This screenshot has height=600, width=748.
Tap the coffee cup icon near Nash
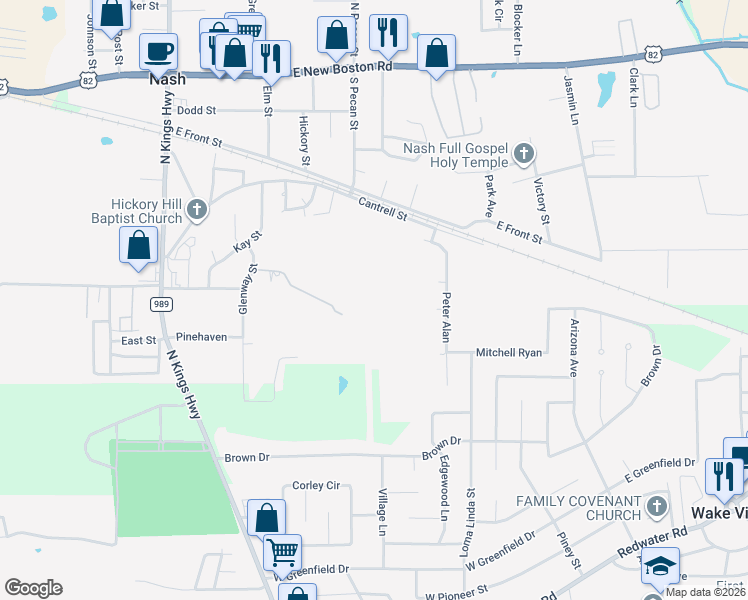[x=158, y=50]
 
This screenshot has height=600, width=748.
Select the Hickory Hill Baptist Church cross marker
[x=197, y=209]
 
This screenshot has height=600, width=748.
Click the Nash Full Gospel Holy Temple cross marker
[x=524, y=154]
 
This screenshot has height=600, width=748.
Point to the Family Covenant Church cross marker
[x=655, y=506]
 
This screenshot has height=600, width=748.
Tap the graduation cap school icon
[x=659, y=565]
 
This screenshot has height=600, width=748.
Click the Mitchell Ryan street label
[x=508, y=353]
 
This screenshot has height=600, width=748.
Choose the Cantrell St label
[x=383, y=210]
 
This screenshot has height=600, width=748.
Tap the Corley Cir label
[x=316, y=486]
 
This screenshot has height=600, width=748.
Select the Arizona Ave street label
[x=574, y=347]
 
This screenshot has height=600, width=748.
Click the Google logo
[x=33, y=588]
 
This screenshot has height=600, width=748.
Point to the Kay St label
[x=247, y=241]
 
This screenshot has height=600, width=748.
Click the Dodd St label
[x=197, y=111]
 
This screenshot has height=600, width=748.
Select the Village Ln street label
[x=382, y=509]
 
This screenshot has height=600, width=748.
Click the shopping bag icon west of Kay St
[x=139, y=245]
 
